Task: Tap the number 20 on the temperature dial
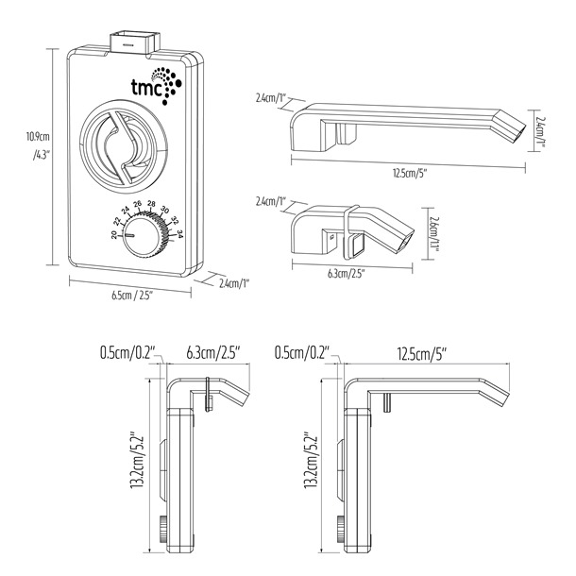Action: point(114,233)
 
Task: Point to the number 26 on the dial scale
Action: point(138,204)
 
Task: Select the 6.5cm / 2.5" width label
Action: point(129,295)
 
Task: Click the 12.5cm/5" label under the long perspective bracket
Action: point(408,174)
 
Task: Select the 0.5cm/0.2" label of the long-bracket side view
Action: point(300,353)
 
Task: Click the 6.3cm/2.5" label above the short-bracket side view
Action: point(212,353)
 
